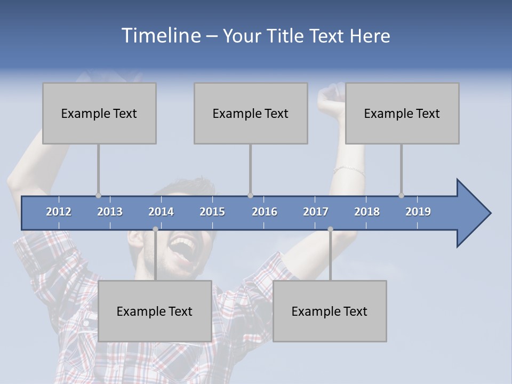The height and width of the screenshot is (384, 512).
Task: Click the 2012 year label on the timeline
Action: click(59, 212)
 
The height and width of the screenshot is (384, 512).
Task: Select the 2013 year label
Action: click(110, 212)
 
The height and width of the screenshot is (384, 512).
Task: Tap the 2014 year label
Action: click(161, 212)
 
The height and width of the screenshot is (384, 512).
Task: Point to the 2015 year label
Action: click(212, 212)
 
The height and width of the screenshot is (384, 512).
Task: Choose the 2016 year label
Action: click(265, 212)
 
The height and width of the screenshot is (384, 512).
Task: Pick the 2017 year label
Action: click(316, 212)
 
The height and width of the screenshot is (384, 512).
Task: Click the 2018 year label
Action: click(367, 212)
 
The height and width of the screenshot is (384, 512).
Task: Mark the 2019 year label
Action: click(418, 212)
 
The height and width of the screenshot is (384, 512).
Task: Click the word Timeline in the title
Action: click(161, 36)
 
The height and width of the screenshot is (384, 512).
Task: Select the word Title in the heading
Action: click(287, 36)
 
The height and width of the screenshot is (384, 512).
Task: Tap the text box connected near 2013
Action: click(99, 113)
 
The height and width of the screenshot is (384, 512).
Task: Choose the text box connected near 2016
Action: click(251, 113)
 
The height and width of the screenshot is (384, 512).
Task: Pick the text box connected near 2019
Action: click(402, 113)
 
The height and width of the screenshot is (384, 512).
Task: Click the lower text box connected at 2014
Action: click(155, 311)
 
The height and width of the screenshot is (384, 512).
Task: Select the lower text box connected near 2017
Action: click(330, 311)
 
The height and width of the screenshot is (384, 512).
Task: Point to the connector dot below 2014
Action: click(155, 229)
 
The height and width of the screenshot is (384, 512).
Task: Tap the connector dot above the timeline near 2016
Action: click(250, 195)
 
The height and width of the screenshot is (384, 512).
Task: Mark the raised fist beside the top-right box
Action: click(331, 99)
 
